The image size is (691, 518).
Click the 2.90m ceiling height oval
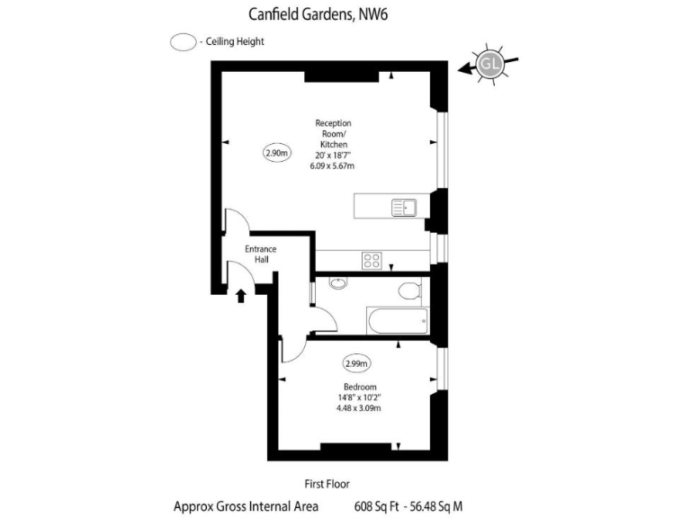277,153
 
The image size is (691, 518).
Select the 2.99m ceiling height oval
356,364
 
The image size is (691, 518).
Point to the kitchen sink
404,209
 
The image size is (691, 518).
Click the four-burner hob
372,261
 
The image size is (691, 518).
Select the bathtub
397,319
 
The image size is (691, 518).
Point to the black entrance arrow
241,295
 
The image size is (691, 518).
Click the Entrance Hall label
261,254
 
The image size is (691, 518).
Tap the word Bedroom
359,387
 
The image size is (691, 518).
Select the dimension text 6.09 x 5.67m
333,166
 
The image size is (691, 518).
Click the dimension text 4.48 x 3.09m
359,408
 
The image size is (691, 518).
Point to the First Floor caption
328,483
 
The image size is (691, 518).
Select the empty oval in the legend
184,42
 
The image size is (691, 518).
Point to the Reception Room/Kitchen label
333,134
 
